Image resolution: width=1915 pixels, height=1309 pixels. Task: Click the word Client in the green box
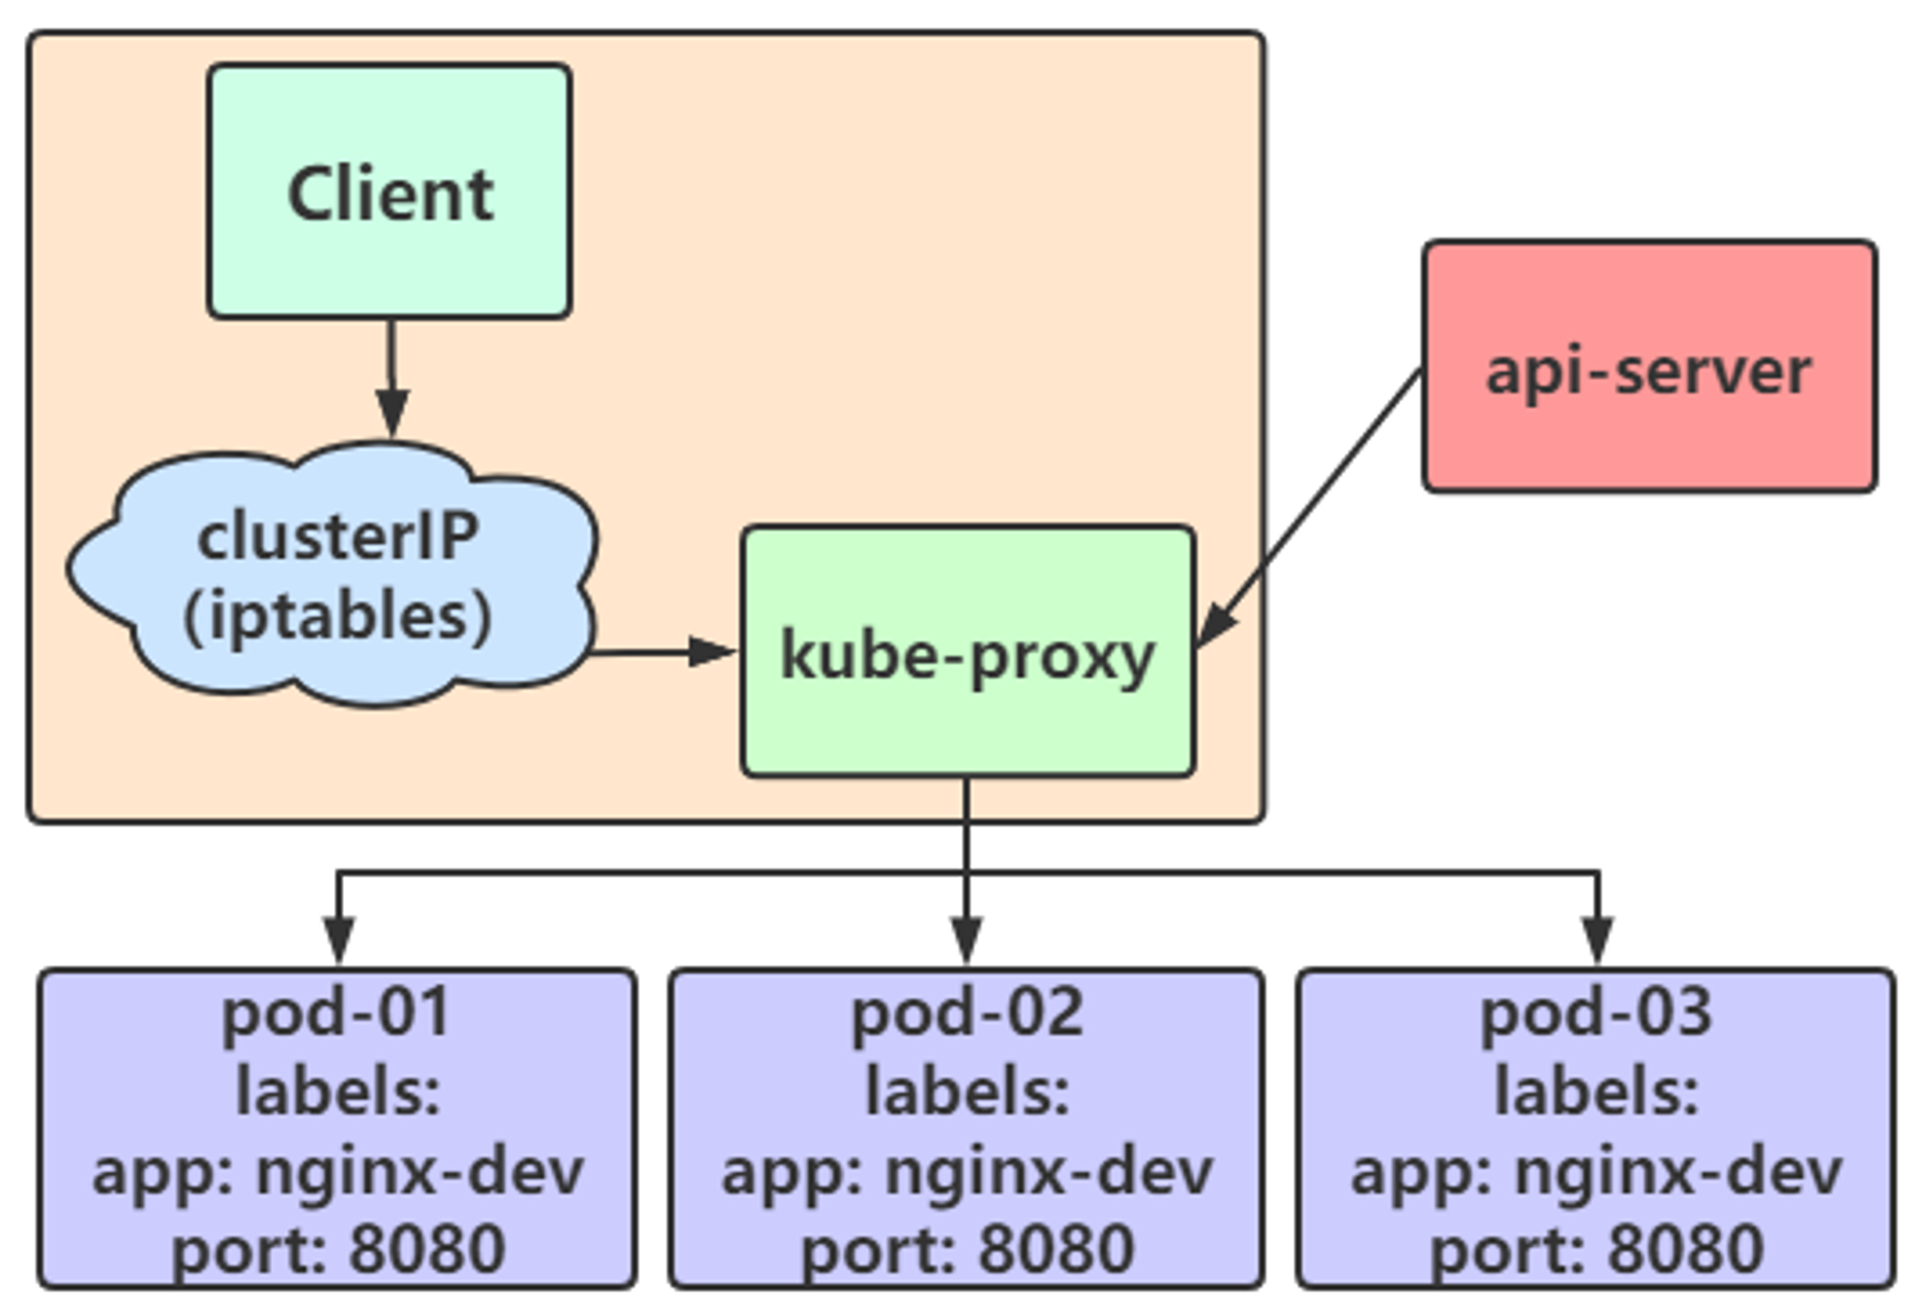point(391,194)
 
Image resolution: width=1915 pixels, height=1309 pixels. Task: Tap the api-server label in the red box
point(1648,372)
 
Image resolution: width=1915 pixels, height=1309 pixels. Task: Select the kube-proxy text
point(968,658)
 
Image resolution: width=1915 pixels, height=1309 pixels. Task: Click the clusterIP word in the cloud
point(338,536)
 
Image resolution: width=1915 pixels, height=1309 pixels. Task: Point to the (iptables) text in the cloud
point(337,616)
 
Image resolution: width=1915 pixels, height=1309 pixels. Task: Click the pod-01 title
point(337,1013)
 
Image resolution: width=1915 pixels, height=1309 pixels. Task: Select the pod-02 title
point(967,1013)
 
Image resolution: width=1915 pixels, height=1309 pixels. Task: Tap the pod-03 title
point(1596,1013)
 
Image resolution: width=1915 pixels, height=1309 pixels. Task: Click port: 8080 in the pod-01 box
point(338,1250)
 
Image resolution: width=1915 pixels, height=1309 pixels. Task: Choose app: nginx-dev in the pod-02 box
point(967,1172)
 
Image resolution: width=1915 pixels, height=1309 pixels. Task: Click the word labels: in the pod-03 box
point(1596,1092)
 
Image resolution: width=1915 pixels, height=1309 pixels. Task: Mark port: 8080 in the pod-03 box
point(1596,1250)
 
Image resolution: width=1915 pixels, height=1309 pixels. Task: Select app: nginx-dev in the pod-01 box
point(338,1172)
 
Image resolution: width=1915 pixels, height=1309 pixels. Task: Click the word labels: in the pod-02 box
point(967,1092)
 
